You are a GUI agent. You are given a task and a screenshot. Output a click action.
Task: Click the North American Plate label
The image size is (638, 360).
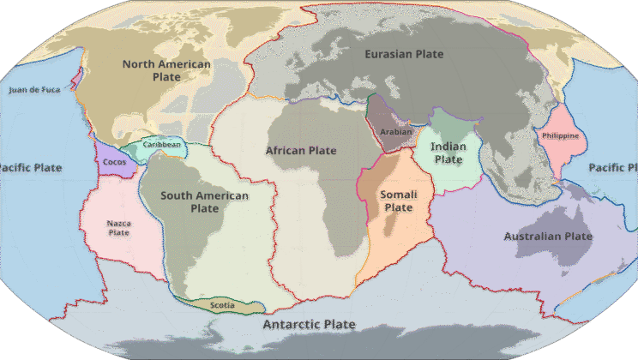pyautogui.click(x=166, y=70)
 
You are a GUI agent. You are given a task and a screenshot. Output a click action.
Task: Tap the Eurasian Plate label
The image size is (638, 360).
pyautogui.click(x=404, y=54)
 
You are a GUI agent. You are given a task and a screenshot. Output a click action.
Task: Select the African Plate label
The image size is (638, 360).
pyautogui.click(x=300, y=150)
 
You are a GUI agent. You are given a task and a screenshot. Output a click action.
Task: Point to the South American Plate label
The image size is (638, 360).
pyautogui.click(x=204, y=202)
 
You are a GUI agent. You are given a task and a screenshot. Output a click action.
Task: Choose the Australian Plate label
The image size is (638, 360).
pyautogui.click(x=548, y=236)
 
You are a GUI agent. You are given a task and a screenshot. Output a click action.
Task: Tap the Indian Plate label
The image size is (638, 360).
pyautogui.click(x=448, y=153)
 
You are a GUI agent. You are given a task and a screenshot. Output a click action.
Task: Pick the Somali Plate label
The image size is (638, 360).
pyautogui.click(x=398, y=201)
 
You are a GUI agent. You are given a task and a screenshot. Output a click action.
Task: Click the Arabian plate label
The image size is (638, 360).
pyautogui.click(x=395, y=132)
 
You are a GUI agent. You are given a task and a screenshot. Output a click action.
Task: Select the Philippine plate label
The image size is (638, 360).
pyautogui.click(x=560, y=136)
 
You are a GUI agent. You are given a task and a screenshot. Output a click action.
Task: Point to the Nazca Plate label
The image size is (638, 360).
pyautogui.click(x=118, y=228)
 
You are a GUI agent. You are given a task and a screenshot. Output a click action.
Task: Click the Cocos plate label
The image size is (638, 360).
pyautogui.click(x=114, y=162)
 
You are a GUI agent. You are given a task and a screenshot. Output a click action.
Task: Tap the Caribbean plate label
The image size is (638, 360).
pyautogui.click(x=162, y=146)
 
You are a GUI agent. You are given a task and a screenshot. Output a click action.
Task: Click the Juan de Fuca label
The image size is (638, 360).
pyautogui.click(x=33, y=90)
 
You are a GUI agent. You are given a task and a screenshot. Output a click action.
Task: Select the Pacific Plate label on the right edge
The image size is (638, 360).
pyautogui.click(x=612, y=168)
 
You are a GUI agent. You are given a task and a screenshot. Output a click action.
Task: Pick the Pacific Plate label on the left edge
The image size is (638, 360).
pyautogui.click(x=31, y=168)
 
